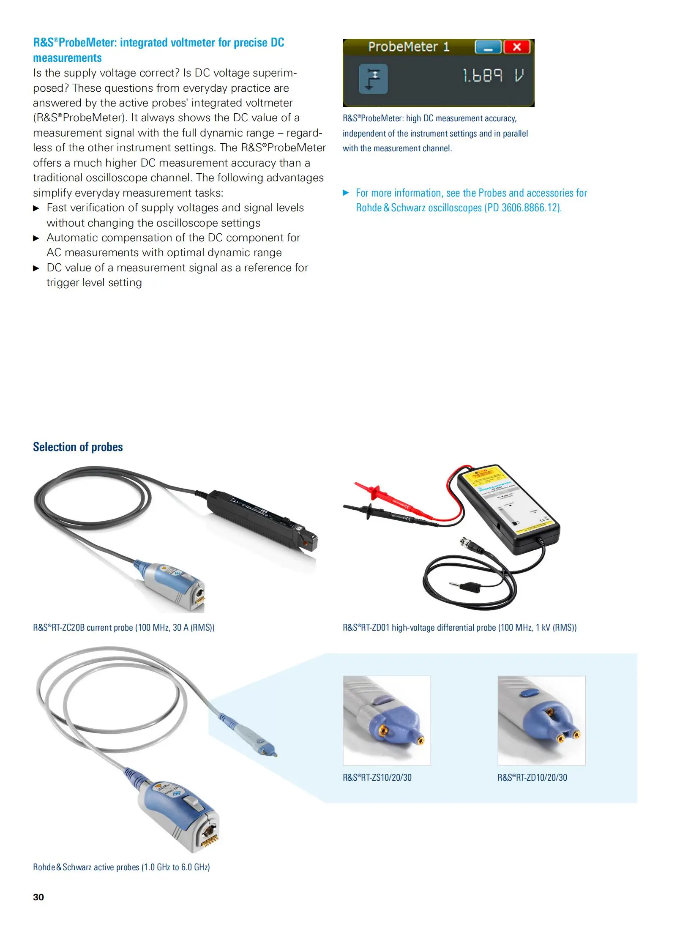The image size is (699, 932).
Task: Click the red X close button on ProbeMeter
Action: click(516, 47)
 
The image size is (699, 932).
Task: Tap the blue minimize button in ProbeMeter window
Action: click(488, 47)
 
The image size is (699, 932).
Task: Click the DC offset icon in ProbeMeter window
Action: click(373, 79)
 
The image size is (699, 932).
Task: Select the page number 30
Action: click(38, 897)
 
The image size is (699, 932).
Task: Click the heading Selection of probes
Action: click(78, 447)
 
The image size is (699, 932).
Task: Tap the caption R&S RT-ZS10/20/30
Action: click(377, 777)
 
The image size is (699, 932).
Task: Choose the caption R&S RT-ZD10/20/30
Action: click(532, 777)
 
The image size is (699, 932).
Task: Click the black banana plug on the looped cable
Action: click(467, 587)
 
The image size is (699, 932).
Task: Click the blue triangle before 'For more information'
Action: click(346, 193)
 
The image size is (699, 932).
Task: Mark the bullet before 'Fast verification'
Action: click(36, 208)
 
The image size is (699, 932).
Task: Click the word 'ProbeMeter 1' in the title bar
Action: click(408, 46)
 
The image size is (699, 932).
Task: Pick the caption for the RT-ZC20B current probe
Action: click(123, 627)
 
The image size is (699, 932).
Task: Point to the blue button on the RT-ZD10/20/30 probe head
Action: click(530, 693)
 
